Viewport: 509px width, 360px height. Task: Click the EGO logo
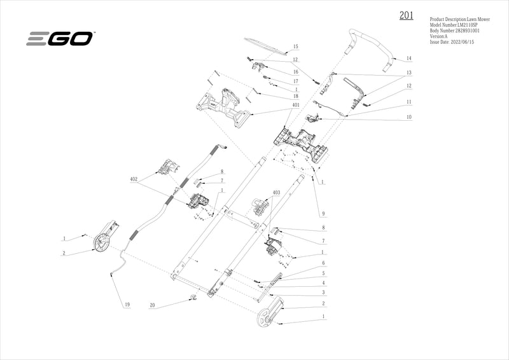tap(60, 39)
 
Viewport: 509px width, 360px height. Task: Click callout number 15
tap(295, 46)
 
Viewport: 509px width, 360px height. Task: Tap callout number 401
tap(296, 104)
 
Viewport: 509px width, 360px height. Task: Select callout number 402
tap(134, 179)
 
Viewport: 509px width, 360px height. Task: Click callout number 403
tap(276, 192)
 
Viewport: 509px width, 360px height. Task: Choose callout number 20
tap(152, 306)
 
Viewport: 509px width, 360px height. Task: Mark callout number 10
tap(409, 118)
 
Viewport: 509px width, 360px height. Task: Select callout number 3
tap(323, 292)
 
